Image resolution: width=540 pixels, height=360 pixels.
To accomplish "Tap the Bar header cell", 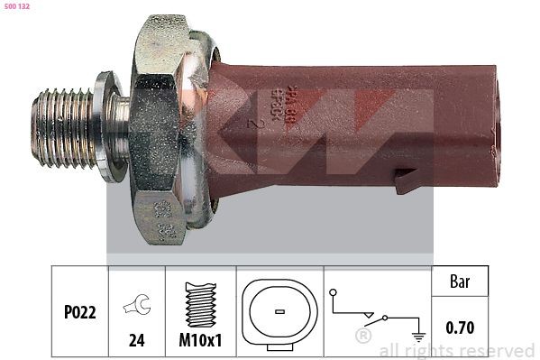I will tap(460, 282).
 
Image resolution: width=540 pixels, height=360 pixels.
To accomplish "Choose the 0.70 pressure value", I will tap(460, 328).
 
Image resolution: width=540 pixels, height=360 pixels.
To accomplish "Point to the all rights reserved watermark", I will tap(456, 350).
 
